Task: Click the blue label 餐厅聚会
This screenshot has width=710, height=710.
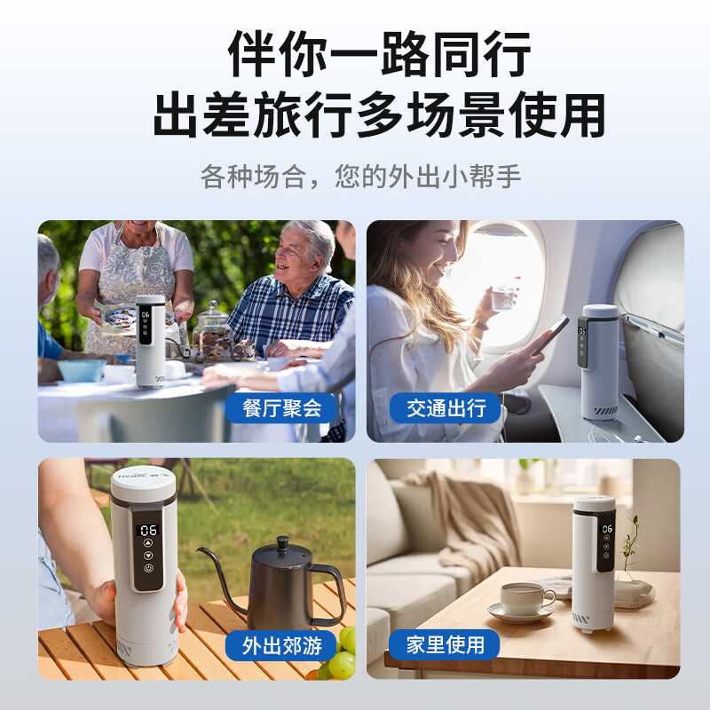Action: [x=281, y=408]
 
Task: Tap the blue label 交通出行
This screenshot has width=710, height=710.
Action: [x=446, y=408]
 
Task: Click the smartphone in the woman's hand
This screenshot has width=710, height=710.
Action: [x=549, y=335]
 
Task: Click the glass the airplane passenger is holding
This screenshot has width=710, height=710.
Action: [x=504, y=298]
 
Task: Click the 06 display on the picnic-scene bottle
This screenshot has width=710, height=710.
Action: [x=148, y=529]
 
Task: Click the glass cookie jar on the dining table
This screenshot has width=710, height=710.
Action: [x=214, y=328]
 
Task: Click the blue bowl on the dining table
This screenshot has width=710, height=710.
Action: [x=82, y=369]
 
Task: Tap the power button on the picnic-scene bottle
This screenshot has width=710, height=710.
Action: [x=148, y=568]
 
